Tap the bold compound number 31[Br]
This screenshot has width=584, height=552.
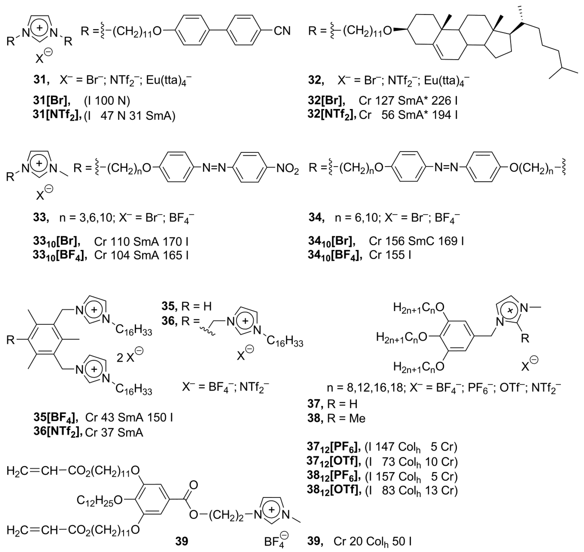(x=52, y=101)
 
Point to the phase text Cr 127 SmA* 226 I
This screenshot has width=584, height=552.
(x=408, y=101)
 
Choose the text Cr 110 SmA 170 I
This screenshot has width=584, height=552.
(x=141, y=242)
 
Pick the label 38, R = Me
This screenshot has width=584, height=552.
(x=336, y=418)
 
